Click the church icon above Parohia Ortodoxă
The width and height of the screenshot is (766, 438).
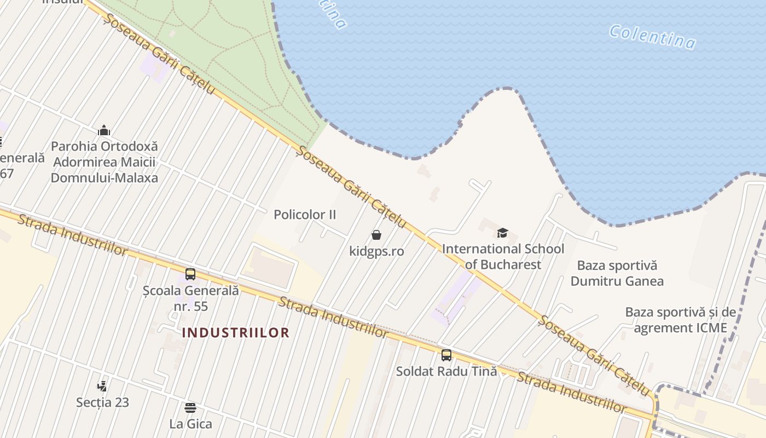pos(104,130)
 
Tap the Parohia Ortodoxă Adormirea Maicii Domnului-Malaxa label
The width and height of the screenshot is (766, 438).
pos(104,162)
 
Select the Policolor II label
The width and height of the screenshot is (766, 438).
pos(305,215)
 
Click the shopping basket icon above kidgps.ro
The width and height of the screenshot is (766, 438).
pos(376,235)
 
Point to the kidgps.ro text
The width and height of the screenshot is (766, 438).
pos(376,251)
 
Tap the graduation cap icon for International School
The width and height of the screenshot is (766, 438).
pos(503,233)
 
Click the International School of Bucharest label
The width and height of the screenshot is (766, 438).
pos(503,257)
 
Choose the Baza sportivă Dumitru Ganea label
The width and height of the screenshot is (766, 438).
pos(617,273)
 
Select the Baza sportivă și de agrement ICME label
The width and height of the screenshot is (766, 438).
pos(680,320)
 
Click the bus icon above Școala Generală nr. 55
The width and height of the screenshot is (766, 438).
pos(190,274)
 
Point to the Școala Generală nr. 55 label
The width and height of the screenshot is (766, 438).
pos(191,298)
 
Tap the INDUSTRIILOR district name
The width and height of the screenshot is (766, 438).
pos(235,332)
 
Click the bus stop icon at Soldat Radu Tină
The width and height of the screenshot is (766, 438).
pos(446,355)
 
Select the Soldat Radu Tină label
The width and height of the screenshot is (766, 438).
pos(446,371)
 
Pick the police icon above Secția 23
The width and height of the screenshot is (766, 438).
pos(102,386)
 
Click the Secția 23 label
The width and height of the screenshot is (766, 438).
pos(102,402)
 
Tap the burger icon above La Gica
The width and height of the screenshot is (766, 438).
pos(190,407)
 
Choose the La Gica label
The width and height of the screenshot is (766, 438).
pos(190,424)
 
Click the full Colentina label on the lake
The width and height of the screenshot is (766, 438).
pos(652,37)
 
